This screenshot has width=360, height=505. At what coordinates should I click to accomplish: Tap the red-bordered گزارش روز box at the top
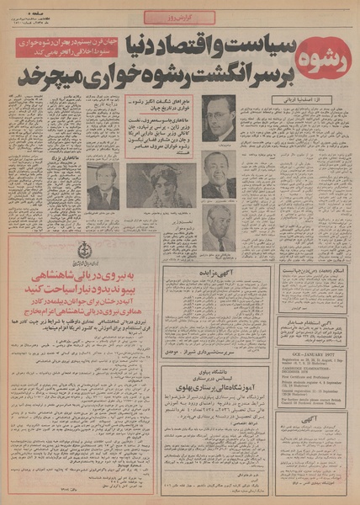pyautogui.click(x=179, y=17)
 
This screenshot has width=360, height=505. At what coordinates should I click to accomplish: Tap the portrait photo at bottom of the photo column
pyautogui.click(x=219, y=229)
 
